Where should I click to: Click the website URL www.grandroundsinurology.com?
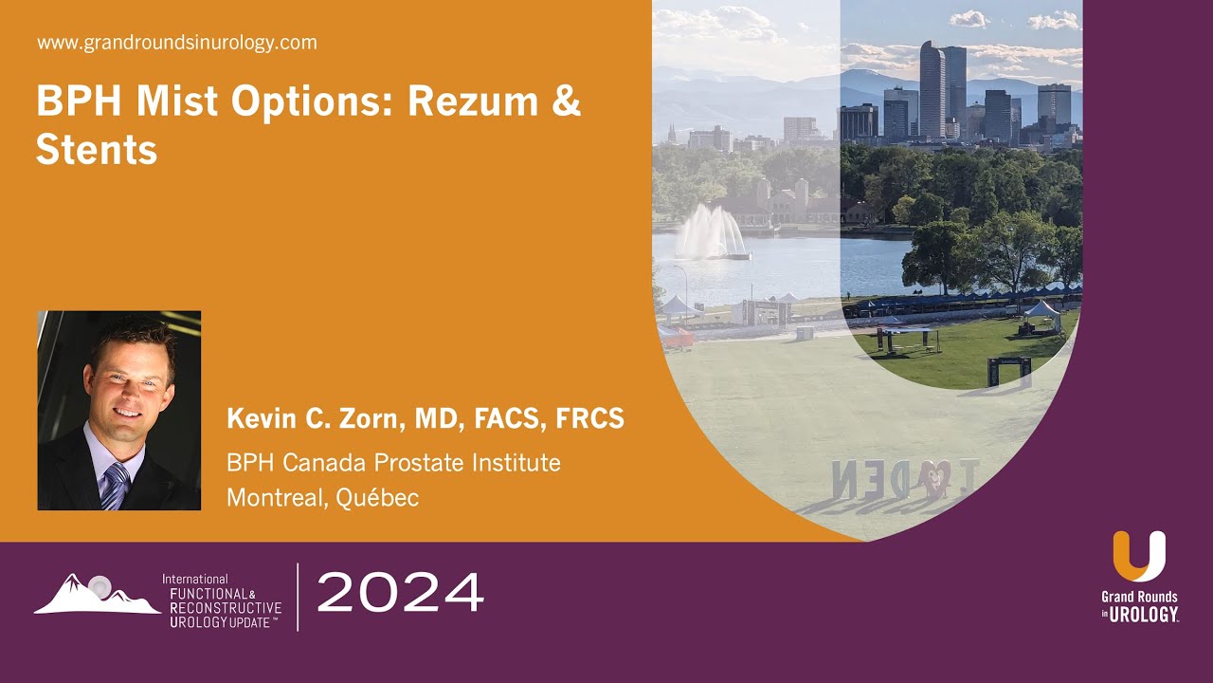click(x=177, y=43)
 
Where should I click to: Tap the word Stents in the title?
click(x=97, y=150)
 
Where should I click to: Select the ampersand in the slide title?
click(x=566, y=102)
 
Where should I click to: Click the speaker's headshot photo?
click(x=119, y=411)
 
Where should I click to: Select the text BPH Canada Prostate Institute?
click(x=393, y=463)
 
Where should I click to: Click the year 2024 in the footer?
click(x=400, y=594)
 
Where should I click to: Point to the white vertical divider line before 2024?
click(x=298, y=597)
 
